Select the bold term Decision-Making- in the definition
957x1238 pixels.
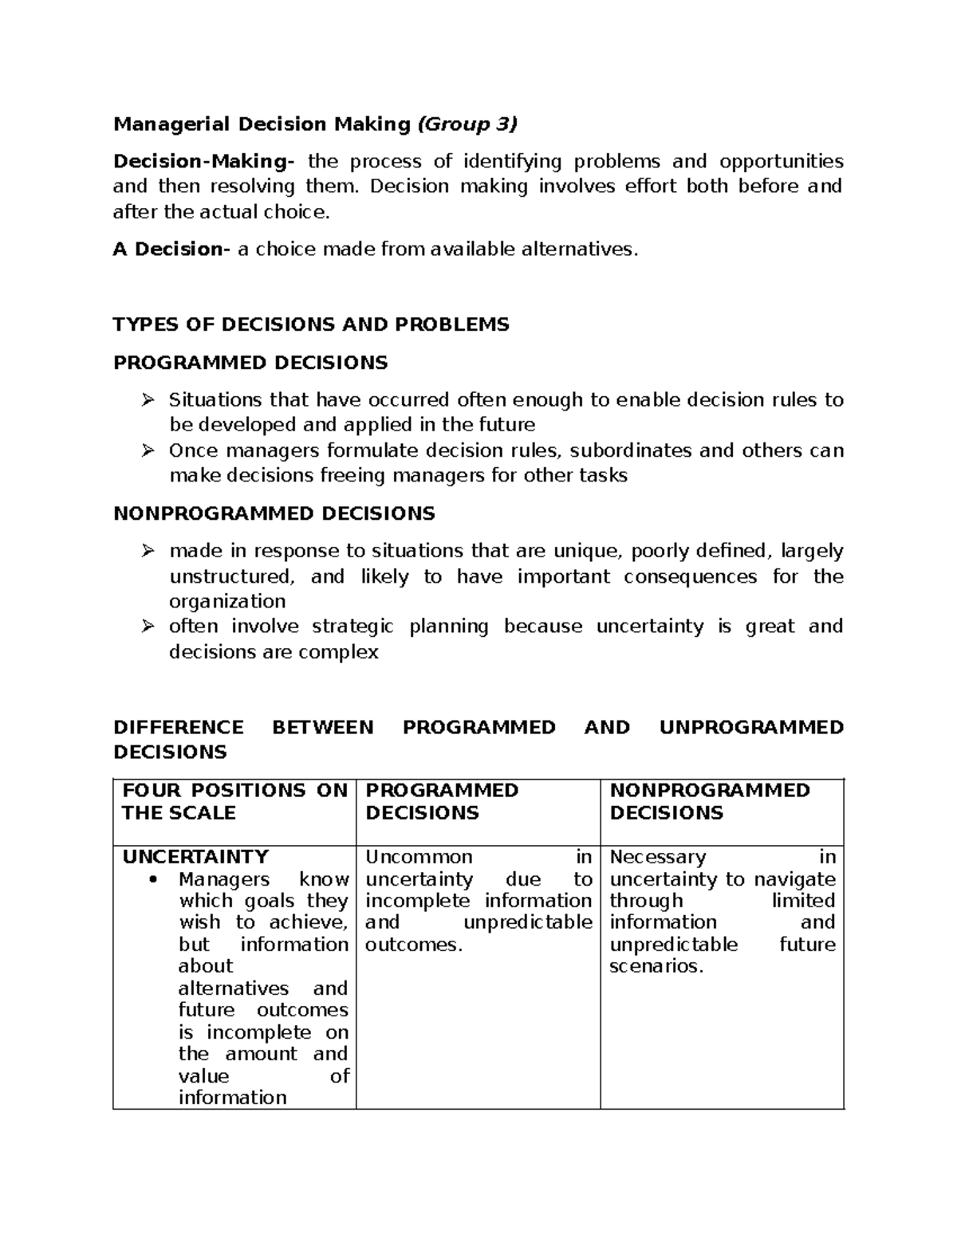pos(203,161)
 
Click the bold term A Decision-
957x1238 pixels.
pos(171,250)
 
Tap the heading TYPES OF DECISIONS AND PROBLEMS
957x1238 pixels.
pos(311,324)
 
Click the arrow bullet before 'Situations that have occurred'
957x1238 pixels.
pos(148,400)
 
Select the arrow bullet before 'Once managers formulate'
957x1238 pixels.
pos(148,451)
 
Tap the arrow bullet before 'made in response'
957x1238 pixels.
pos(148,551)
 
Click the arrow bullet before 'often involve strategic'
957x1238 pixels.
pos(148,627)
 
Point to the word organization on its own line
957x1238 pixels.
pos(227,601)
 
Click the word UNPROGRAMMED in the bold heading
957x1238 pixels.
pos(751,727)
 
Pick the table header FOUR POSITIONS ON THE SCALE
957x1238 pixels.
pos(234,801)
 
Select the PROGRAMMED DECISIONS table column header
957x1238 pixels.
pos(441,801)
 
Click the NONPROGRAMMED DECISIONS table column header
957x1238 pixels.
pos(709,801)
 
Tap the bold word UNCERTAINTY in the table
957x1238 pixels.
pos(195,857)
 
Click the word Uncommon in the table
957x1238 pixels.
pos(419,857)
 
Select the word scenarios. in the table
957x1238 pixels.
pos(656,967)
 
